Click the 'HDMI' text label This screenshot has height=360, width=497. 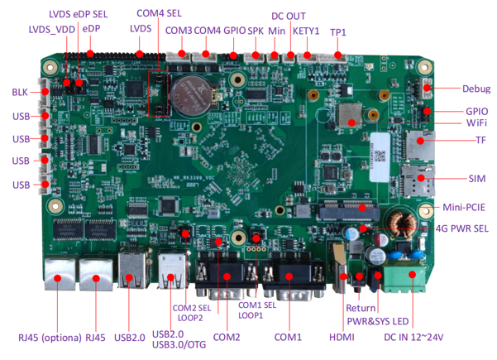point(341,338)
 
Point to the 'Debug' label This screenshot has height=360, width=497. point(476,89)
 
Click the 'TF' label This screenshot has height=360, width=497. point(480,141)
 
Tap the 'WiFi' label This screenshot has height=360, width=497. point(476,122)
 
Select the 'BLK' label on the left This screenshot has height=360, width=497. point(21,92)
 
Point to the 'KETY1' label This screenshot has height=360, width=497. point(306,31)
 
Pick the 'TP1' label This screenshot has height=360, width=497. point(338,31)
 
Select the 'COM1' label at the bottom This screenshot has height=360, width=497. point(289,338)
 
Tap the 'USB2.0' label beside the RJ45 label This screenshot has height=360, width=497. point(131,337)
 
